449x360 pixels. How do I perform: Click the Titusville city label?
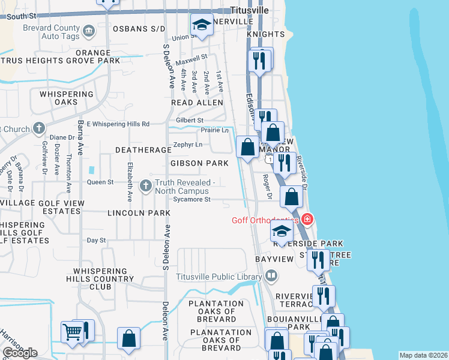pyautogui.click(x=250, y=10)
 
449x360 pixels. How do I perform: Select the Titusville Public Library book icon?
pyautogui.click(x=271, y=277)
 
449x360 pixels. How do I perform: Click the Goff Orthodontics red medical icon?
pyautogui.click(x=307, y=220)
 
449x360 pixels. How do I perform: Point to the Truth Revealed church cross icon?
pyautogui.click(x=145, y=186)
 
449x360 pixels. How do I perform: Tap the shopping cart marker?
pyautogui.click(x=72, y=331)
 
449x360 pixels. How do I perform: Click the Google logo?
pyautogui.click(x=19, y=353)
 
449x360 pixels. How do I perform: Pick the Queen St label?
pyautogui.click(x=100, y=182)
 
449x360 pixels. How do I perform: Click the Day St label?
pyautogui.click(x=96, y=240)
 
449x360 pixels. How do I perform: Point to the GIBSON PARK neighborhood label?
pyautogui.click(x=199, y=163)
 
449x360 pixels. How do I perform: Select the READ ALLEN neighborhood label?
pyautogui.click(x=197, y=103)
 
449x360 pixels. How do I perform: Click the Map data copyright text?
pyautogui.click(x=424, y=355)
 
